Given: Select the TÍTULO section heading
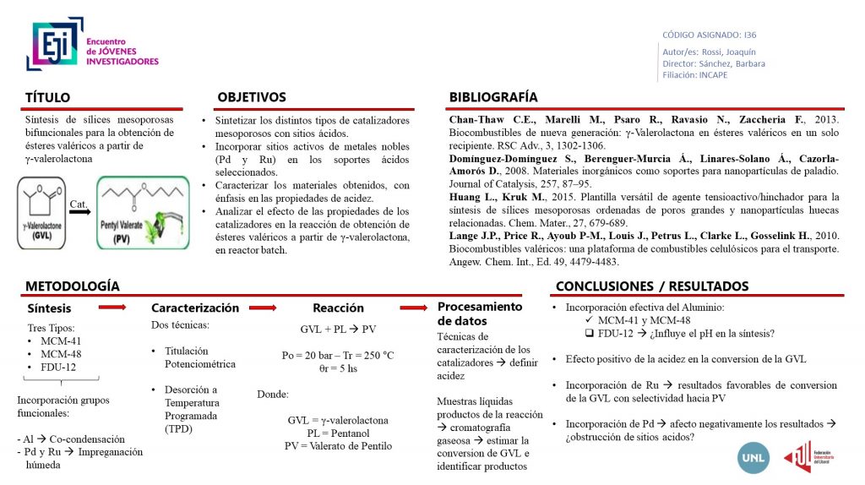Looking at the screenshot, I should (47, 97).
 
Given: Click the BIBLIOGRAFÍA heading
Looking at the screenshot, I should (493, 97).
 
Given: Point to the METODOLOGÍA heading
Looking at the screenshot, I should (72, 286).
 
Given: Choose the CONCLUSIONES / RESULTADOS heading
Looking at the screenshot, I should (652, 286).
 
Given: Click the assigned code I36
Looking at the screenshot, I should (750, 35).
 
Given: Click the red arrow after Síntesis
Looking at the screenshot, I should (112, 308).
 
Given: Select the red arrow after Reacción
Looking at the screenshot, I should (415, 308).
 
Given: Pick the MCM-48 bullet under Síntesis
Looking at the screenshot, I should (60, 353).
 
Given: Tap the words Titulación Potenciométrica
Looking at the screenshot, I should (199, 357).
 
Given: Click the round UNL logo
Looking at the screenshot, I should (752, 457).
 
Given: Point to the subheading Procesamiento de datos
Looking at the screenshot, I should (479, 313).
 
